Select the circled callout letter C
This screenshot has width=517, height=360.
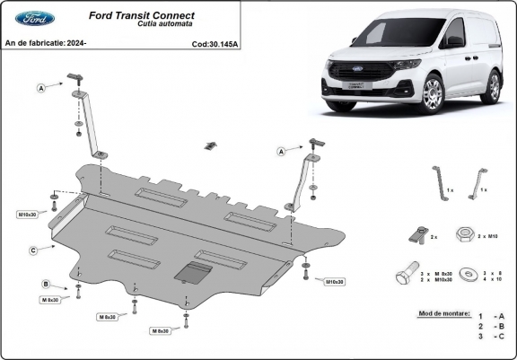tap(31, 250)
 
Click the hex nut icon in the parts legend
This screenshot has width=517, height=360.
tap(466, 233)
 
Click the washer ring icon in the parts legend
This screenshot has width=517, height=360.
tap(467, 275)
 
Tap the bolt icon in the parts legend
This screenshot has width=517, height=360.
tap(407, 274)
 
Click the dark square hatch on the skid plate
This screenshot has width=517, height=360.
tap(193, 274)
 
